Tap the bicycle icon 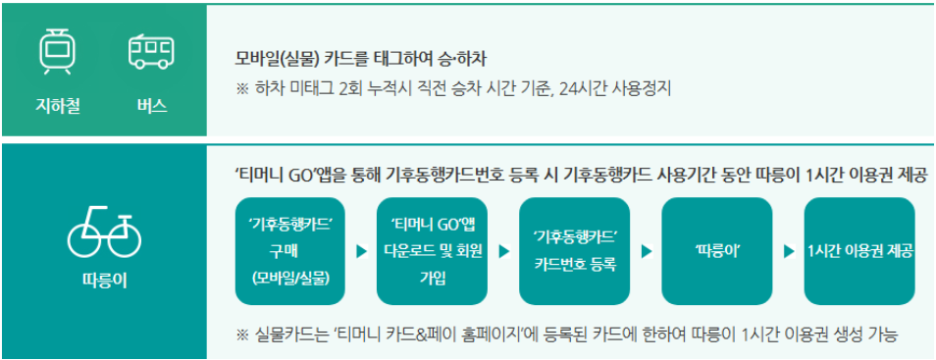point(104,232)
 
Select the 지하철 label point(57,105)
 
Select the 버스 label point(151,105)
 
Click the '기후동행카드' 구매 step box point(290,251)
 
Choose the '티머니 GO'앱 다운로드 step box point(433,251)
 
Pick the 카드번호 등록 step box point(575,251)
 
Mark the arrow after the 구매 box point(362,252)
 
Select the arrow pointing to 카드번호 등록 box point(504,252)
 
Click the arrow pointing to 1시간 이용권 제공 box point(789,252)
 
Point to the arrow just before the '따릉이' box point(647,252)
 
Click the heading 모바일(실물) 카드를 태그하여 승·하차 point(362,58)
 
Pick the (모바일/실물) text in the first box point(290,278)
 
